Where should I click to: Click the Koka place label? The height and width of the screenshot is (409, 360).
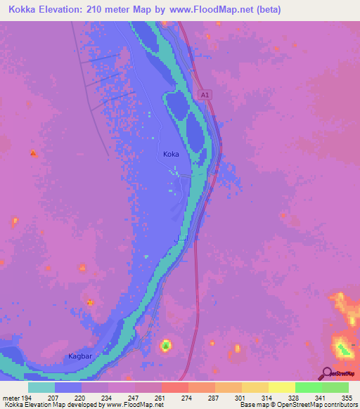171,154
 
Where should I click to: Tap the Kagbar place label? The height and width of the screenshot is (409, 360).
80,356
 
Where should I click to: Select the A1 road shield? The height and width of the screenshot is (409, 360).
205,93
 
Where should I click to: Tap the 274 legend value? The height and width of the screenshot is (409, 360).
188,397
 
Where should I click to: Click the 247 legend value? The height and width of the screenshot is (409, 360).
135,397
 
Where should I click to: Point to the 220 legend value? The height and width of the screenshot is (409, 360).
82,397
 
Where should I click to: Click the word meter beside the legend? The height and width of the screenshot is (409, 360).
10,397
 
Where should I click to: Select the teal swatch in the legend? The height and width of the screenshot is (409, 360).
41,387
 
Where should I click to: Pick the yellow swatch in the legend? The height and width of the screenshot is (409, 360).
281,387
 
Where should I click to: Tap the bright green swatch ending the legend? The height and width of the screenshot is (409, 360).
335,387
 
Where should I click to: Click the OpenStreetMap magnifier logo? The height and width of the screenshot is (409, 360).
326,373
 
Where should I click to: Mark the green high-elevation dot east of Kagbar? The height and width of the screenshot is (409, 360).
165,345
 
